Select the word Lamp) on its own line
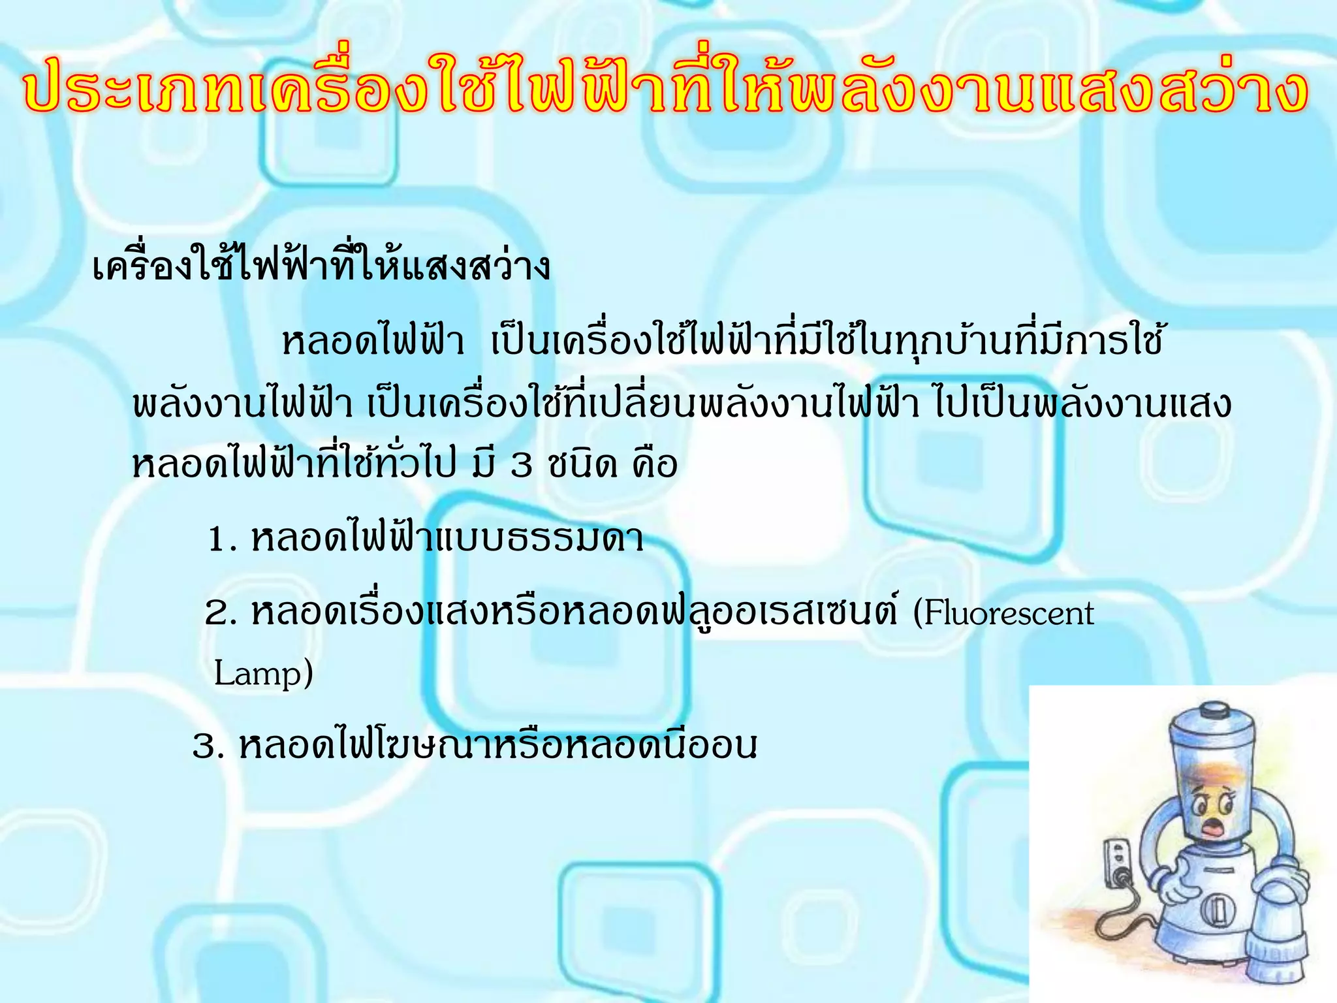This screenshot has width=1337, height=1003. [x=263, y=674]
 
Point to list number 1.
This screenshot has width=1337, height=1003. [x=221, y=541]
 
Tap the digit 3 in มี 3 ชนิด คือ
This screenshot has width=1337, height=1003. [x=521, y=465]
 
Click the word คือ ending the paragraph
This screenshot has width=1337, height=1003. [x=654, y=465]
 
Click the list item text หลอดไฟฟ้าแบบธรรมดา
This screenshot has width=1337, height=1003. [x=447, y=539]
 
